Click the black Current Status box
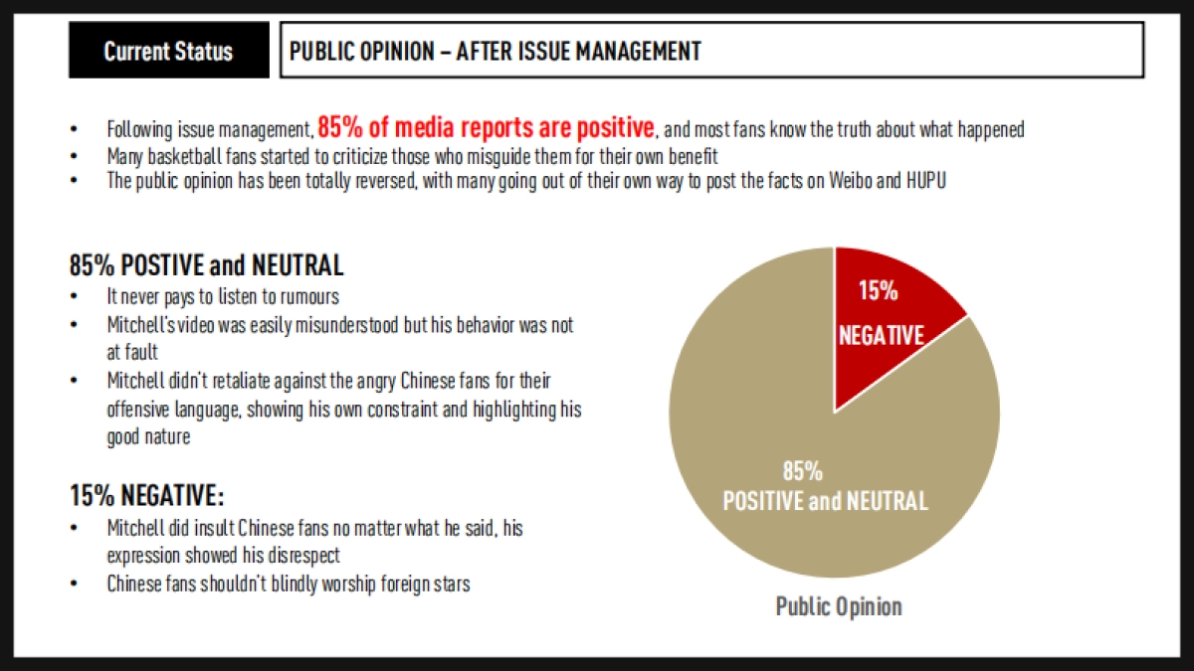coord(168,51)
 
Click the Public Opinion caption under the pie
coord(839,606)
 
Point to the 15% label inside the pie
coord(879,290)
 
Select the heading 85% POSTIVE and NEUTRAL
coord(206,265)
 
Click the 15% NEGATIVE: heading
coord(146,495)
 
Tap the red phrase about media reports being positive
coord(487,127)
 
